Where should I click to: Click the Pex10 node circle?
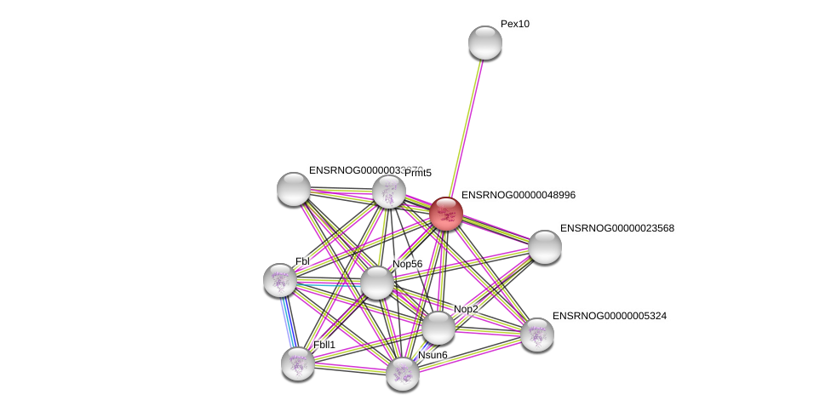click(x=485, y=43)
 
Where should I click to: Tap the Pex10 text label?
click(x=515, y=25)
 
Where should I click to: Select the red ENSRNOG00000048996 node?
click(x=446, y=214)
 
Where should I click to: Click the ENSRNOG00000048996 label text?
click(x=518, y=196)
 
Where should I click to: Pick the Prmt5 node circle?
click(x=389, y=192)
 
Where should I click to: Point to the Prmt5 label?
click(x=418, y=174)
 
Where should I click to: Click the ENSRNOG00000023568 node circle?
click(x=545, y=247)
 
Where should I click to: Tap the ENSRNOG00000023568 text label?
click(x=616, y=229)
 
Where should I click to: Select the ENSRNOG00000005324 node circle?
click(x=537, y=335)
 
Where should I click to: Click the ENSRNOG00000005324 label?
click(x=609, y=317)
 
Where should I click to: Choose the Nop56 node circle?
click(x=377, y=283)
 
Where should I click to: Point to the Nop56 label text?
click(x=407, y=265)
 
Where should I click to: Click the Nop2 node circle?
click(x=438, y=328)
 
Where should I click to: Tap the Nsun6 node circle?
click(x=403, y=373)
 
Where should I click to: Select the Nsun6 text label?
click(x=433, y=355)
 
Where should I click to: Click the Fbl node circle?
click(x=280, y=280)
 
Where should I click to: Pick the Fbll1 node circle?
click(x=298, y=363)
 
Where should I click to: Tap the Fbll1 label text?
click(x=324, y=345)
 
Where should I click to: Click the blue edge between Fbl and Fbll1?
click(x=289, y=322)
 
